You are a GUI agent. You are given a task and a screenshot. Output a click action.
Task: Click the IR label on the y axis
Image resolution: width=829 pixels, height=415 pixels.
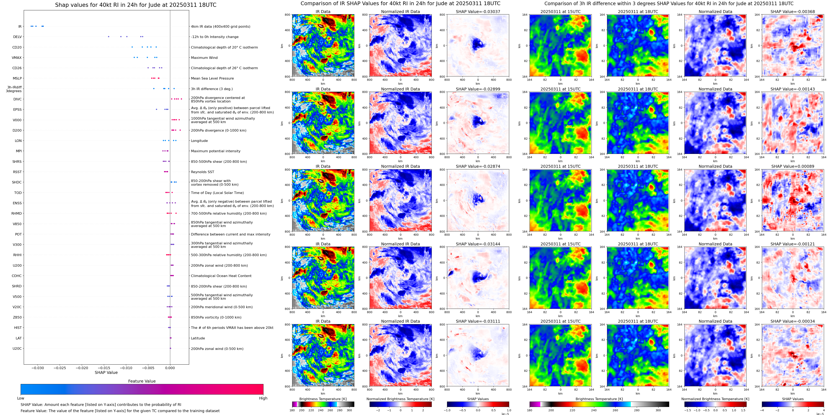click(20, 27)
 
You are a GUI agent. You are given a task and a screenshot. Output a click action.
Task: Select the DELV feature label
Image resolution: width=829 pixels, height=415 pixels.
click(17, 37)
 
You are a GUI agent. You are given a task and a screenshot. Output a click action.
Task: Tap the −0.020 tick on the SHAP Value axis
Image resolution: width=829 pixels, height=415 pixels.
click(82, 368)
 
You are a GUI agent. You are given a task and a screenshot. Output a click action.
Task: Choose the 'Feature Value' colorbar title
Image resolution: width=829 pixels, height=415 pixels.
click(142, 381)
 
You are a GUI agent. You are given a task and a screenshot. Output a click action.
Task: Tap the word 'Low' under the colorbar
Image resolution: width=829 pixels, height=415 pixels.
click(21, 398)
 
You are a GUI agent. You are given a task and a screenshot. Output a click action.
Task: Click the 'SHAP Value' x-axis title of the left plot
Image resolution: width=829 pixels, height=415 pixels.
click(106, 372)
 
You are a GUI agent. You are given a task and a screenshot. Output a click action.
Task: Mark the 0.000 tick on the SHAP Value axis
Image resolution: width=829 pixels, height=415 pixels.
click(170, 368)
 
